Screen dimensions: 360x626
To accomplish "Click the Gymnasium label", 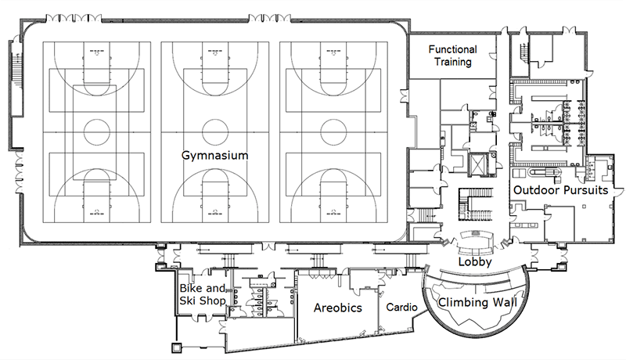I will (214, 156).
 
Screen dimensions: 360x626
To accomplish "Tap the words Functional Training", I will (463, 56).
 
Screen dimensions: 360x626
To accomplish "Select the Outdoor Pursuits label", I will (560, 189).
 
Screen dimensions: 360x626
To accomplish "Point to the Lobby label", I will (475, 263).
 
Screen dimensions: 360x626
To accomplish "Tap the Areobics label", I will (337, 308).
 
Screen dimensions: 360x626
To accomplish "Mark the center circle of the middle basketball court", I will (214, 130).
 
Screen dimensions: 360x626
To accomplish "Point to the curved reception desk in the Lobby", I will (475, 237).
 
